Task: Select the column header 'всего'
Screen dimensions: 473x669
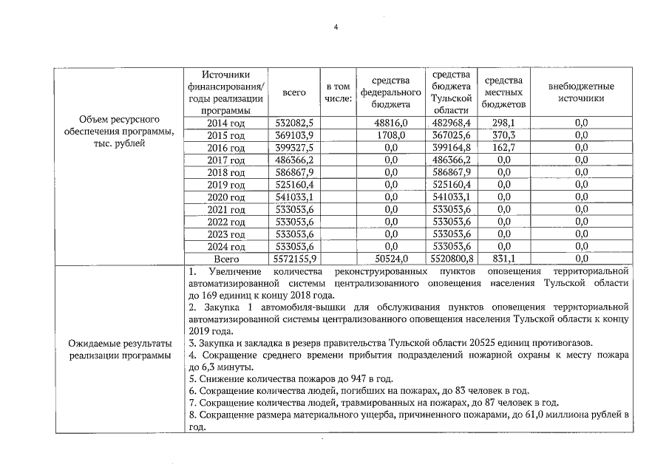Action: click(294, 92)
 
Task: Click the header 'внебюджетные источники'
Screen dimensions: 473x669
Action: click(580, 92)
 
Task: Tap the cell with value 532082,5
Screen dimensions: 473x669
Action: click(294, 123)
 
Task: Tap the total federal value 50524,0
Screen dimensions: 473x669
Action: click(392, 259)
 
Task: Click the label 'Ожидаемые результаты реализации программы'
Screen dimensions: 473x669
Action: click(120, 350)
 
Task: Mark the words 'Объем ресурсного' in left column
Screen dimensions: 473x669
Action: click(120, 119)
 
